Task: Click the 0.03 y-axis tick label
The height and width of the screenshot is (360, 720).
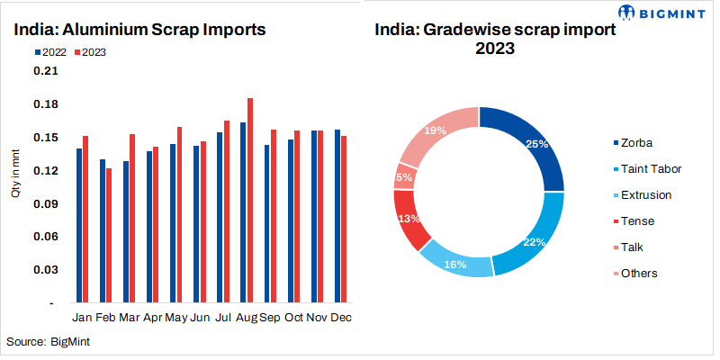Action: pyautogui.click(x=45, y=270)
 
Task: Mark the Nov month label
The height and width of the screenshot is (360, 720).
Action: pyautogui.click(x=316, y=318)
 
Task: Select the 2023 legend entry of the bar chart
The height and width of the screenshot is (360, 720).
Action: pyautogui.click(x=90, y=52)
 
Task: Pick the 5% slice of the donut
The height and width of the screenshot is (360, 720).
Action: pyautogui.click(x=404, y=176)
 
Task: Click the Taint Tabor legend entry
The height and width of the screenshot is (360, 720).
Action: pyautogui.click(x=650, y=168)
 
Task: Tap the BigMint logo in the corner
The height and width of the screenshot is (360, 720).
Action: pyautogui.click(x=665, y=13)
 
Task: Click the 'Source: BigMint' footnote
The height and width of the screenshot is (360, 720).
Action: pyautogui.click(x=49, y=342)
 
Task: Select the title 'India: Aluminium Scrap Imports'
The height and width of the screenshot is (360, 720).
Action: pyautogui.click(x=139, y=29)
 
